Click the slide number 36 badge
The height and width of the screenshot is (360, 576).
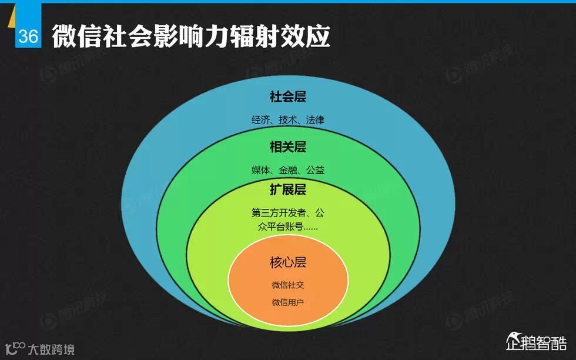(x=28, y=36)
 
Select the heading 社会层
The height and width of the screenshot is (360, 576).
(x=288, y=96)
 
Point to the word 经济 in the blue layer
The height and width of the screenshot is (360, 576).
(x=260, y=120)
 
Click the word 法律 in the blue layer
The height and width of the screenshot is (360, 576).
(x=314, y=120)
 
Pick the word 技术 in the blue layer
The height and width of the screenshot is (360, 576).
(x=287, y=120)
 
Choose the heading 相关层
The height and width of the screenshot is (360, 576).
(x=288, y=146)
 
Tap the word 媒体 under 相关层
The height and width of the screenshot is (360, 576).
(x=260, y=170)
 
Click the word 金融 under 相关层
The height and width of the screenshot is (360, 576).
(x=288, y=170)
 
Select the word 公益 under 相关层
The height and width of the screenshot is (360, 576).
(x=315, y=170)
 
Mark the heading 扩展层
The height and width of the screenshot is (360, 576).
(x=288, y=190)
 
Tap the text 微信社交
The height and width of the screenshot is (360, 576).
(x=288, y=285)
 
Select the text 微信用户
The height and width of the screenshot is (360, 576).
(x=288, y=302)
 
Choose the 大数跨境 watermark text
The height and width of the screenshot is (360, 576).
(x=51, y=350)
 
